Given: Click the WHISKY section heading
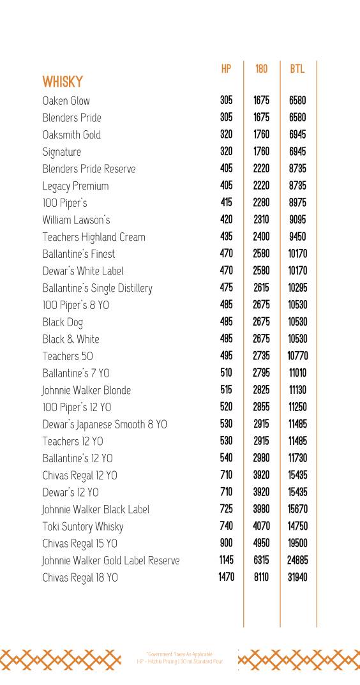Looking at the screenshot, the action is [x=63, y=82].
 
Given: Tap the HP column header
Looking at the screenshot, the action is [x=226, y=69].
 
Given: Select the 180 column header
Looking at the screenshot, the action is [x=261, y=69].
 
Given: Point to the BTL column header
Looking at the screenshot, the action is [x=297, y=69].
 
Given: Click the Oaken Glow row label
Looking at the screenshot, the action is [x=66, y=101].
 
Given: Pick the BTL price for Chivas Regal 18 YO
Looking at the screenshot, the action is [x=297, y=577].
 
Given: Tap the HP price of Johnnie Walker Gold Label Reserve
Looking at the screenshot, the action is [x=226, y=560].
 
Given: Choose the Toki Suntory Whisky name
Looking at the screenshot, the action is [x=82, y=527].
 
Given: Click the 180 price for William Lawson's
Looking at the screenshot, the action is [x=261, y=220].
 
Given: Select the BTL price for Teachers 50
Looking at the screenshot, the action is [x=297, y=356].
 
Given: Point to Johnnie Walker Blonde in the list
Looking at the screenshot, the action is [x=86, y=390].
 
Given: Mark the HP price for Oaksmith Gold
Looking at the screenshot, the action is [x=226, y=135].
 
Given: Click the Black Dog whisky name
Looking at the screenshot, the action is [x=63, y=322].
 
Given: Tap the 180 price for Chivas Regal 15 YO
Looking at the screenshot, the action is [x=261, y=543].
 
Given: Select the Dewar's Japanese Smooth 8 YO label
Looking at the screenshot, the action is [x=105, y=425].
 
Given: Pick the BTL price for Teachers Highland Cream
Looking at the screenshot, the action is [x=297, y=237].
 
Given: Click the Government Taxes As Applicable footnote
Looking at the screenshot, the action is [x=179, y=654].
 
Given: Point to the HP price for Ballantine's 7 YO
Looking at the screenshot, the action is [x=226, y=373].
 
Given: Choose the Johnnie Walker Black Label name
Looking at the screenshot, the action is [x=96, y=509].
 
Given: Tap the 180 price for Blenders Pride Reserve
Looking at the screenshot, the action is [x=261, y=169].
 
